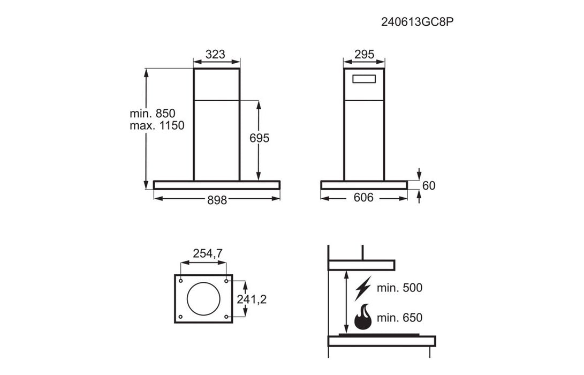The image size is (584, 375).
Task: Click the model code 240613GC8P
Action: pyautogui.click(x=417, y=22)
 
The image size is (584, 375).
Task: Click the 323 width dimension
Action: pyautogui.click(x=215, y=55)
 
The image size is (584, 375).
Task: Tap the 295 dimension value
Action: pyautogui.click(x=364, y=55)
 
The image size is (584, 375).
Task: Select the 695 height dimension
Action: pyautogui.click(x=259, y=138)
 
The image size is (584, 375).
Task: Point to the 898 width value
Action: pyautogui.click(x=217, y=200)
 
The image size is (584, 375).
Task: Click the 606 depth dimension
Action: pyautogui.click(x=363, y=197)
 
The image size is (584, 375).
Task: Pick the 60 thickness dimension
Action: pyautogui.click(x=429, y=185)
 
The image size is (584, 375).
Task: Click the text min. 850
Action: pyautogui.click(x=153, y=114)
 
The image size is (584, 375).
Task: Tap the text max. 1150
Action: pyautogui.click(x=157, y=125)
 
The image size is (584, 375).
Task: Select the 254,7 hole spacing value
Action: pyautogui.click(x=208, y=253)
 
